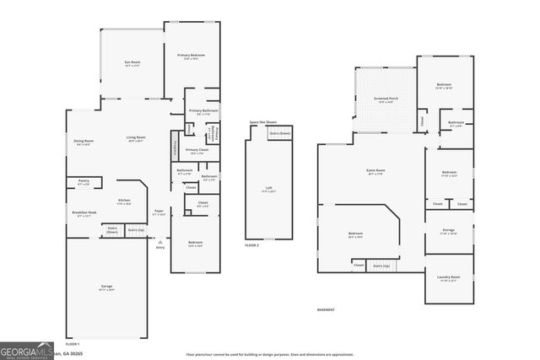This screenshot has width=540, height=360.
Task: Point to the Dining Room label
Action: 84,141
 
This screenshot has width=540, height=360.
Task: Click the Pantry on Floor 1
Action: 84,180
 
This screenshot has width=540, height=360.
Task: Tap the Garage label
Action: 107,287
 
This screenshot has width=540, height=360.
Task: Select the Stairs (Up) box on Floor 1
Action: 135,229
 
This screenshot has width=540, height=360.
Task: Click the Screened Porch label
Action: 386,99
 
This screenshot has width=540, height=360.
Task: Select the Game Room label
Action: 375,171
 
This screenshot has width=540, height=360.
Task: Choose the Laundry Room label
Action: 448,277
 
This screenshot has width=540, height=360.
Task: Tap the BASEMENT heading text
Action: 326,310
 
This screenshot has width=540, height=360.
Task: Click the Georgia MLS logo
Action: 25,350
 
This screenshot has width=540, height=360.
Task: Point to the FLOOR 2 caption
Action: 252,245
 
